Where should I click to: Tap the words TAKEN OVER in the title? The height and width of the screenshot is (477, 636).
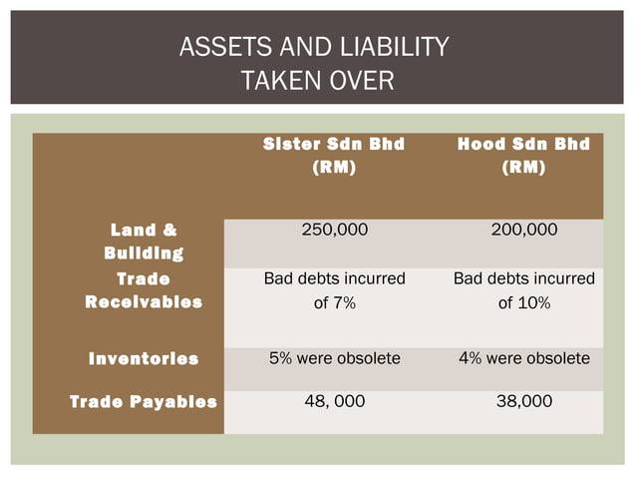tap(318, 80)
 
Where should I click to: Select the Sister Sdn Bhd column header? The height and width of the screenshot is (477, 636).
tap(334, 144)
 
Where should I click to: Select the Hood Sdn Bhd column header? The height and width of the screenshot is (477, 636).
tap(524, 144)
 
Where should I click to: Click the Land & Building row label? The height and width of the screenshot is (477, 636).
tap(144, 242)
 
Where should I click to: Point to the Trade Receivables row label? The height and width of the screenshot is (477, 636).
tap(144, 290)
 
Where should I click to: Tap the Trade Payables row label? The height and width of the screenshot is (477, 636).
tap(144, 402)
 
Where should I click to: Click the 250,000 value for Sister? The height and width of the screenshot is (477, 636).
tap(334, 231)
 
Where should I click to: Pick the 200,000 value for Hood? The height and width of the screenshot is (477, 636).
tap(524, 231)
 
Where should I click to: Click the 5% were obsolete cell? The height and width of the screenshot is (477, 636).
tap(334, 357)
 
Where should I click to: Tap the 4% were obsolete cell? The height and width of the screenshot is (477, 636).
tap(524, 357)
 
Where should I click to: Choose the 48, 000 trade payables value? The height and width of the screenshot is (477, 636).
tap(334, 401)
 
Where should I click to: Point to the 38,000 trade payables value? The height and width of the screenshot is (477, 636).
tap(524, 401)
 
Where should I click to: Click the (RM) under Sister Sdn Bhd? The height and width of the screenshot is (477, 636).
tap(334, 168)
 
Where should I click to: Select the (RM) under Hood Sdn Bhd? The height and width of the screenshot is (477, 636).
tap(524, 168)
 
